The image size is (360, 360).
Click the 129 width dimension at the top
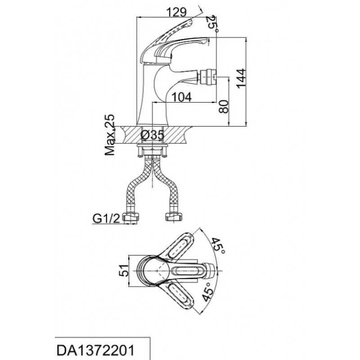pos(176,12)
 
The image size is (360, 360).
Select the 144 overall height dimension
pos(241,78)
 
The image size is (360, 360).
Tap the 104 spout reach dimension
pos(181,97)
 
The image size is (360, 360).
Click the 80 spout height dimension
pos(224,107)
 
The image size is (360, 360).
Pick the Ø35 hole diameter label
pos(153,135)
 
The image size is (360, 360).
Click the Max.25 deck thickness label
pos(110,135)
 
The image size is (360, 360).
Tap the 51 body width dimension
pos(124,271)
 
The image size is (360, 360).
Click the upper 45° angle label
pos(218,246)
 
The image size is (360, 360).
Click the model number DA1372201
pos(95,351)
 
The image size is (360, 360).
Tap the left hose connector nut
pos(131,217)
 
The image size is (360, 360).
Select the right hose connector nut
pos(174,217)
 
